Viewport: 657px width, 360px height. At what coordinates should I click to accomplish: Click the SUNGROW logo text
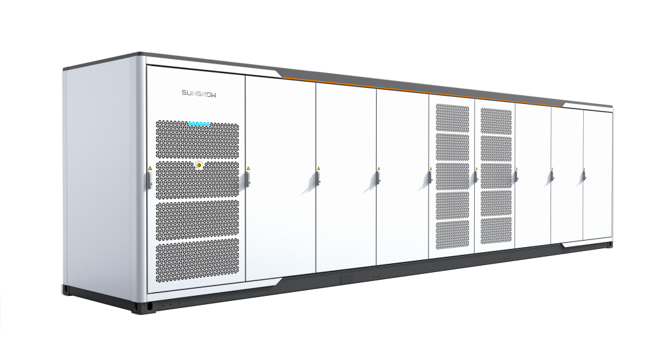[199, 93]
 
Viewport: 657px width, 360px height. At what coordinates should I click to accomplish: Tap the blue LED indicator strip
[199, 124]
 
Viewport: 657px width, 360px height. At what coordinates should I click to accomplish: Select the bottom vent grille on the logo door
[198, 261]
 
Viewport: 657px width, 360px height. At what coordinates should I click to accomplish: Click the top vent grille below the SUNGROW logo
[198, 139]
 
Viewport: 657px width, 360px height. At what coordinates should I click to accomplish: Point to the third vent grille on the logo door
[198, 220]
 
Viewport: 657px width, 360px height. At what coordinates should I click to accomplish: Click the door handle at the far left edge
[149, 179]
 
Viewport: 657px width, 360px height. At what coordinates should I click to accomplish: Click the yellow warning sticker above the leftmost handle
[150, 168]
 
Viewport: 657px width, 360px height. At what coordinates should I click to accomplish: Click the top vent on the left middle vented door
[452, 118]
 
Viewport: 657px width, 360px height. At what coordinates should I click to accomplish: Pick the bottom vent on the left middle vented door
[452, 236]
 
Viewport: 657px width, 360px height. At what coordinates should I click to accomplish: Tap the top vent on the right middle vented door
[496, 121]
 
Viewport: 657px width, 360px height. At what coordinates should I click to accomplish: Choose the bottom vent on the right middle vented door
[496, 230]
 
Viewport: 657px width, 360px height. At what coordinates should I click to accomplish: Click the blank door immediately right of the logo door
[280, 178]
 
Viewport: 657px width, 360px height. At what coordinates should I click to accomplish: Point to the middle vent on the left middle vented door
[452, 176]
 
